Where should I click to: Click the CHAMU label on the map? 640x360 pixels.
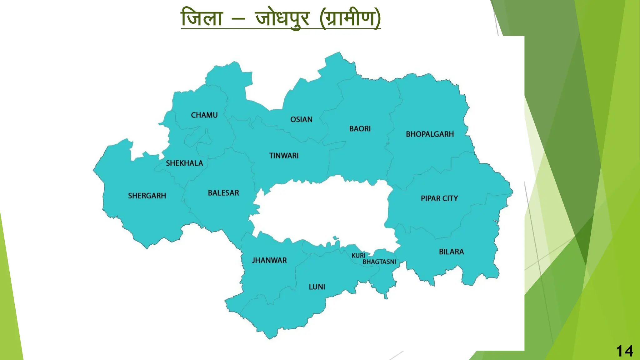(x=204, y=115)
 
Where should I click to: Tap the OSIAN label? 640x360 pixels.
(x=301, y=120)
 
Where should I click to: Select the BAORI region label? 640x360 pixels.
(x=360, y=129)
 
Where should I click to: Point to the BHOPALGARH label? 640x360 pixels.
(x=430, y=134)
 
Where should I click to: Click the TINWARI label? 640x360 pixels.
(x=284, y=156)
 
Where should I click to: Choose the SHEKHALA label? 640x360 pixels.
(x=184, y=163)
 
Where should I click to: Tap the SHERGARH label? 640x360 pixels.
(x=147, y=196)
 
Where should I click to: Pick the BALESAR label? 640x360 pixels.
(x=223, y=193)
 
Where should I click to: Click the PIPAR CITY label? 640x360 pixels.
(x=439, y=198)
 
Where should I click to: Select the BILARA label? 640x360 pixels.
(x=451, y=252)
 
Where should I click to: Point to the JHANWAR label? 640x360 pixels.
(x=269, y=260)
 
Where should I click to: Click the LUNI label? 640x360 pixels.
(x=317, y=287)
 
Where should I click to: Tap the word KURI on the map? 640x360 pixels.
(x=358, y=256)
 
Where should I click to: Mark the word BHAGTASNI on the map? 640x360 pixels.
(x=379, y=262)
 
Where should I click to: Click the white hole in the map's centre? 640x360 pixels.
(x=322, y=212)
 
